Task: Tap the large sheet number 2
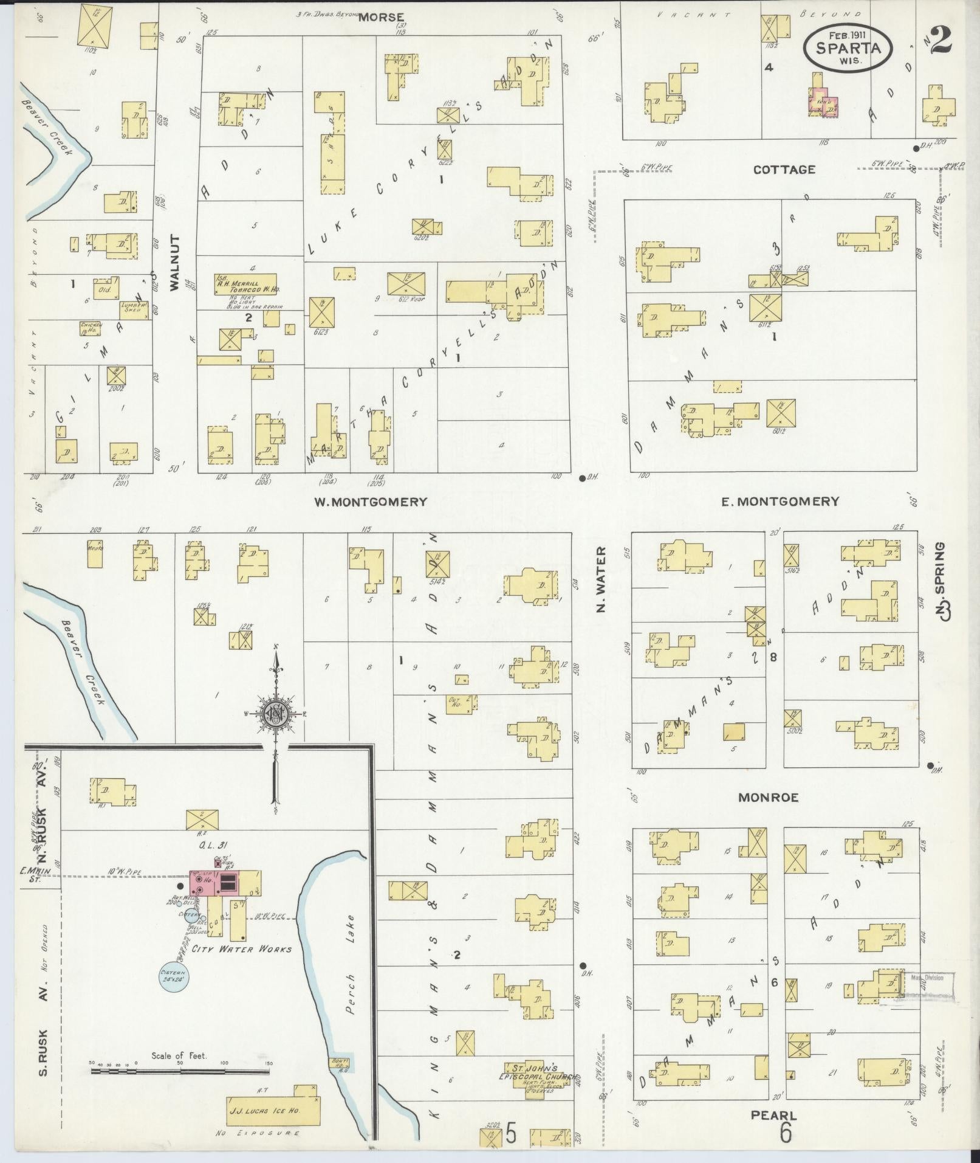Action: point(938,41)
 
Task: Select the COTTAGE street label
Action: point(784,170)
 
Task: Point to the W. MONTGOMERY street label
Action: point(370,502)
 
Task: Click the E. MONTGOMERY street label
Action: point(780,501)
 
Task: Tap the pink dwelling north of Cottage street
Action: point(824,103)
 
